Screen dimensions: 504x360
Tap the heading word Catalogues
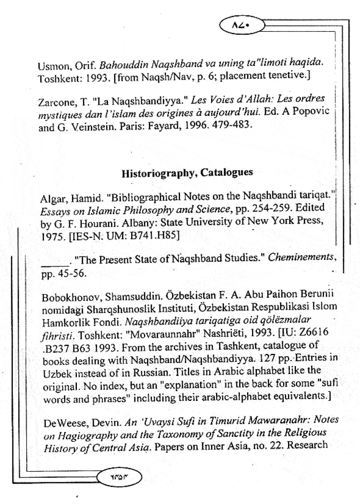[x=226, y=172]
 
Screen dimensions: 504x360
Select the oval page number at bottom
[x=120, y=477]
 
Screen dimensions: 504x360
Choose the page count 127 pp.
[x=275, y=358]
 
